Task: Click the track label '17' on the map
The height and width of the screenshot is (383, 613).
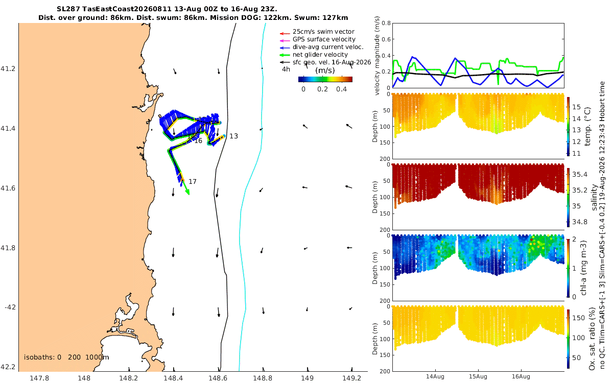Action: pyautogui.click(x=193, y=182)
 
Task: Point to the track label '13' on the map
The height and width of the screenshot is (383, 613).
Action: pyautogui.click(x=233, y=136)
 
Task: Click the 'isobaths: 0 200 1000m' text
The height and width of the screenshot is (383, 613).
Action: pyautogui.click(x=66, y=357)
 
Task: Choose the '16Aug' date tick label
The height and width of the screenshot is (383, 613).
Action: pyautogui.click(x=521, y=377)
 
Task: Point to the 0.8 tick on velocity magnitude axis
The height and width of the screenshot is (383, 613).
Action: pyautogui.click(x=386, y=23)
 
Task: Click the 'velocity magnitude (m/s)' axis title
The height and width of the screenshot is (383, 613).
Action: pyautogui.click(x=377, y=56)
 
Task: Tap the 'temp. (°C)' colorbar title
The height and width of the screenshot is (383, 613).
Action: pyautogui.click(x=587, y=127)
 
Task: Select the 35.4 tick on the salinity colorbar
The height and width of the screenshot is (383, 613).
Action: pyautogui.click(x=580, y=175)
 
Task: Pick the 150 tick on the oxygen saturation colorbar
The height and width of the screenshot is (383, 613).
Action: pyautogui.click(x=578, y=318)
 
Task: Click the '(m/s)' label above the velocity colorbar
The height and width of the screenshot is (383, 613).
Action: pyautogui.click(x=325, y=70)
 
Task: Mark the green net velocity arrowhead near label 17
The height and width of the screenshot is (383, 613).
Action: pyautogui.click(x=187, y=193)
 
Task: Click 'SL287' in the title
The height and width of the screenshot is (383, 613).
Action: pyautogui.click(x=68, y=9)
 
